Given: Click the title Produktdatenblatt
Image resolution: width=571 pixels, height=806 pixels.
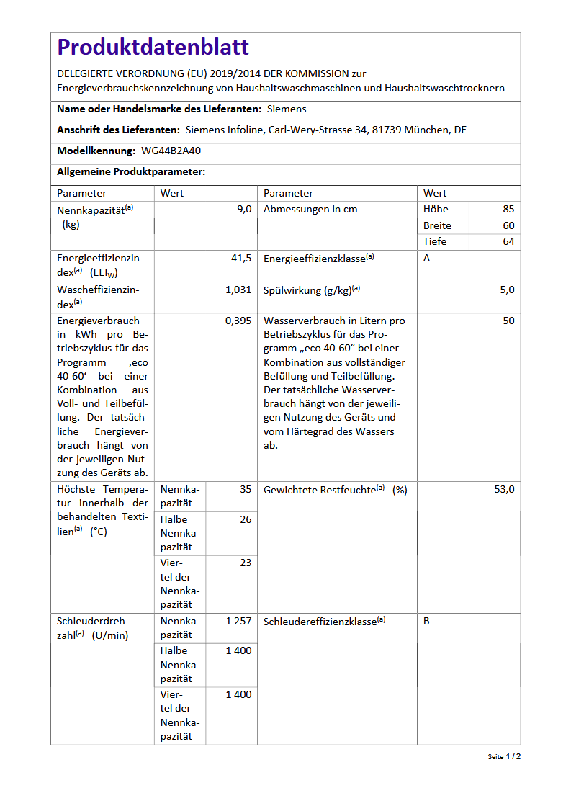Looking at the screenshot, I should (153, 48).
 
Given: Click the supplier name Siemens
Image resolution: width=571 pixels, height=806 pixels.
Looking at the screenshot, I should (287, 109).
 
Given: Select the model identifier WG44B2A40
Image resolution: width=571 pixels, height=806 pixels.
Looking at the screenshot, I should (172, 151).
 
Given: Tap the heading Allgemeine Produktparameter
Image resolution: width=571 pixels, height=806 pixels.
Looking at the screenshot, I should (131, 171).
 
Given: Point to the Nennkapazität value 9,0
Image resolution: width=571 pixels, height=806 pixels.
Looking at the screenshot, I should (244, 209).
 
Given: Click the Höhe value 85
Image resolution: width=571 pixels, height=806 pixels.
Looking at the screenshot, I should (508, 209).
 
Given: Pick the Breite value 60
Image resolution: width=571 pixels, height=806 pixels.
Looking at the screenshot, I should (508, 225).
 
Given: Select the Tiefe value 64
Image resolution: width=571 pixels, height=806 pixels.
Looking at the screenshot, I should (508, 241).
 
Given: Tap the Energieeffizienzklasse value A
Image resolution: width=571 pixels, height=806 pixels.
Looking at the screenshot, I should (426, 258).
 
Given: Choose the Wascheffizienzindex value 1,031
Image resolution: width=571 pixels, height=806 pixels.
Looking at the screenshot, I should (238, 290).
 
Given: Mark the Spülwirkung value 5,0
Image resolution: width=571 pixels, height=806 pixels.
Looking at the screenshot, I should (507, 290).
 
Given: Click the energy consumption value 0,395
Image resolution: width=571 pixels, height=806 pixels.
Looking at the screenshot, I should (238, 321).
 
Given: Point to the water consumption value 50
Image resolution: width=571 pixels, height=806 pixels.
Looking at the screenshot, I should (508, 321).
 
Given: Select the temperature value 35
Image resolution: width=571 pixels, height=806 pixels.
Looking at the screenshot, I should (246, 489).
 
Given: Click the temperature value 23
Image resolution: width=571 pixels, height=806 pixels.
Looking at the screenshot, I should (246, 563).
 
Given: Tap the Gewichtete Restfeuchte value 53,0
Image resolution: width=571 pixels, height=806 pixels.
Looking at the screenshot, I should (504, 489).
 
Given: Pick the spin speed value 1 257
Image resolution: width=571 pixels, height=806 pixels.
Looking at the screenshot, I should (238, 621).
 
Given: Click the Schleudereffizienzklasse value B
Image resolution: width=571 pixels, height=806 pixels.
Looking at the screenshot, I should (426, 621).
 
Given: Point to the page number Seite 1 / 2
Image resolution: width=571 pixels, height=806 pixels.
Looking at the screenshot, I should (504, 757).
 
